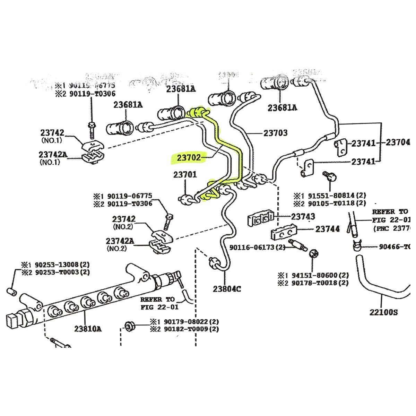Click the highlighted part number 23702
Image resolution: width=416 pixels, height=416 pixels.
click(189, 158)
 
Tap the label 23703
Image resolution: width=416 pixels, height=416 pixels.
click(275, 133)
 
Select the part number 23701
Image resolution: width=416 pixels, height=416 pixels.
click(185, 174)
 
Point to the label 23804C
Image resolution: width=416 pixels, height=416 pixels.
click(227, 289)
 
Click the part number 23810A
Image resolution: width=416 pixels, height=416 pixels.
click(88, 328)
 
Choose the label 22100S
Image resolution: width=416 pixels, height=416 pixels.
click(383, 312)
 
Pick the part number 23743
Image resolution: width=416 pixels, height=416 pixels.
click(303, 216)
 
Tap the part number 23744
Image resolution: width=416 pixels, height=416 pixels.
click(327, 229)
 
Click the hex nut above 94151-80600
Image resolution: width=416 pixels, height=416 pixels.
click(313, 253)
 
